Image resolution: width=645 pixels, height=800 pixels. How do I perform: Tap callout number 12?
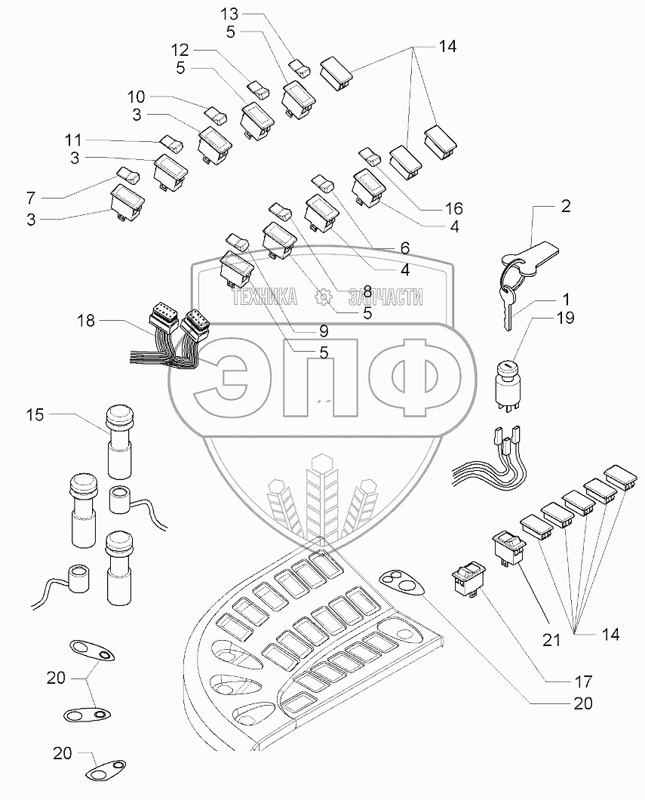coord(179,50)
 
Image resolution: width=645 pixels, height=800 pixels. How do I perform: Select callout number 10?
coord(136,97)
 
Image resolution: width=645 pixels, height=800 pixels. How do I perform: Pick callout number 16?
coord(453,208)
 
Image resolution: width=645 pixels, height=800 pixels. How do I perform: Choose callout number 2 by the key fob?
coord(565,206)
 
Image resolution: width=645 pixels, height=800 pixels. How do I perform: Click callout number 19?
coord(565,318)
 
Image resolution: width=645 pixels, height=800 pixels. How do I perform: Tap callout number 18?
coord(87,322)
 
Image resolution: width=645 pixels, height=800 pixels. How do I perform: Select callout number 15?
coord(36,414)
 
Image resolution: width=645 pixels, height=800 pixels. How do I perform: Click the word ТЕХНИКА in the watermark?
coord(265,298)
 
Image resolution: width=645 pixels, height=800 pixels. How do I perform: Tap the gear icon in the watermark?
coord(324,298)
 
